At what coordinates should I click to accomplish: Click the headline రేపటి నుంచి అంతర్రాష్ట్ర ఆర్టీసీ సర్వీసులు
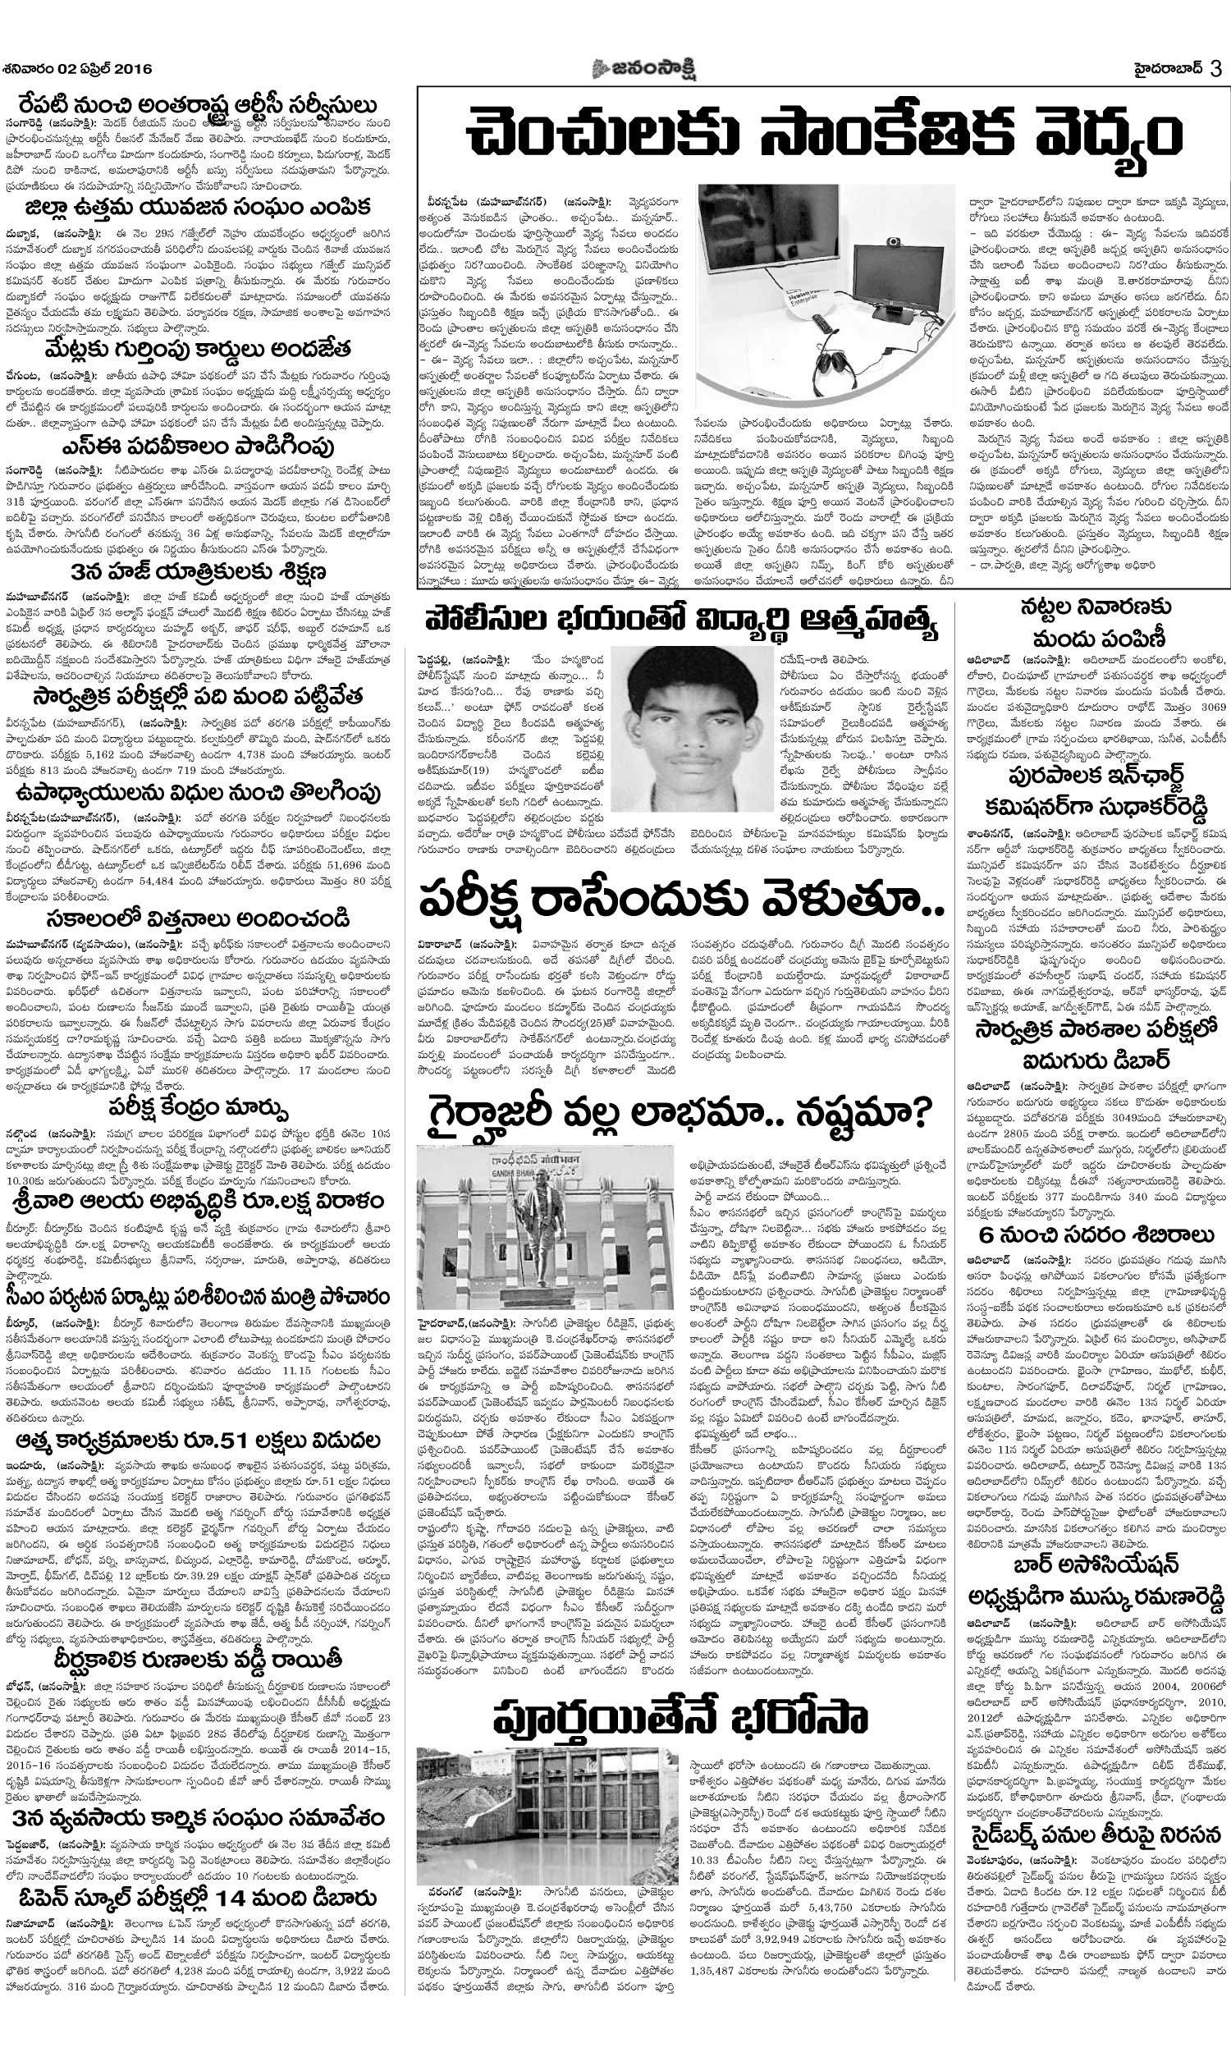199,106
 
